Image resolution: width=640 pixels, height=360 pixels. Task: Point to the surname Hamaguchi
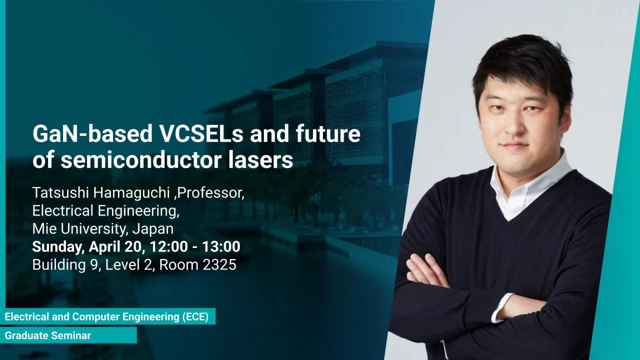[x=131, y=193]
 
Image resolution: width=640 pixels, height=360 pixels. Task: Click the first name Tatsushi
[x=60, y=193]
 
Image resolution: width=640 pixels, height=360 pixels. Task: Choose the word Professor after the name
[x=210, y=193]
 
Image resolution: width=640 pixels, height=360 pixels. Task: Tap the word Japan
[x=153, y=229]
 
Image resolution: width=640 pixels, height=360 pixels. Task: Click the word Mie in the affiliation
[x=44, y=229]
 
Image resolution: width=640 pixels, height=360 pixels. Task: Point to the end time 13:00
[x=221, y=247]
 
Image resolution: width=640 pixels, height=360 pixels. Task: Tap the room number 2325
[x=219, y=265]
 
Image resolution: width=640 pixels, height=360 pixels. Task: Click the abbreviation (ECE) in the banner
[x=195, y=317]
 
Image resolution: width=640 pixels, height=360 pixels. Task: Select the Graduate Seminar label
[x=47, y=335]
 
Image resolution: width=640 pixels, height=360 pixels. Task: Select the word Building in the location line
[x=59, y=265]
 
